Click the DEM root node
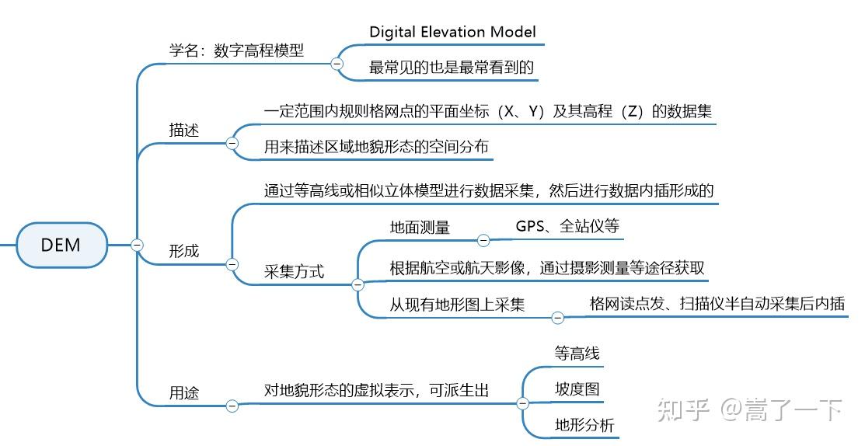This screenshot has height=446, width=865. (61, 245)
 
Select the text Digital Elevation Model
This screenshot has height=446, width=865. (452, 32)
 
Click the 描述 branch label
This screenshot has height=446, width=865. (184, 130)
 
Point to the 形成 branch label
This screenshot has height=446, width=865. (184, 251)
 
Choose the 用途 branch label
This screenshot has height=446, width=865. (184, 392)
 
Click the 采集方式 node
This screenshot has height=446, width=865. (294, 272)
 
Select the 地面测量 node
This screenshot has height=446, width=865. (420, 227)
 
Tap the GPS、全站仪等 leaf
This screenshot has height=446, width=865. (567, 226)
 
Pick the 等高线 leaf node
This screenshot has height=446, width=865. (577, 353)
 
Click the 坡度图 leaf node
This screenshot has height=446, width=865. (577, 389)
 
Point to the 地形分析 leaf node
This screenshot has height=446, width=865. (584, 424)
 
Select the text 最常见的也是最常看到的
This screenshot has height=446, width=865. (452, 68)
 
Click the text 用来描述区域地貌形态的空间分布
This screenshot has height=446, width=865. (376, 147)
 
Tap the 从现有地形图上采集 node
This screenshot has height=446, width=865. (457, 304)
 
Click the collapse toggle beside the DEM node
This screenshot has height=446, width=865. (138, 245)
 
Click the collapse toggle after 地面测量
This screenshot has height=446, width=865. (483, 240)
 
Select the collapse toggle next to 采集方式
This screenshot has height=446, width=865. (358, 285)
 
